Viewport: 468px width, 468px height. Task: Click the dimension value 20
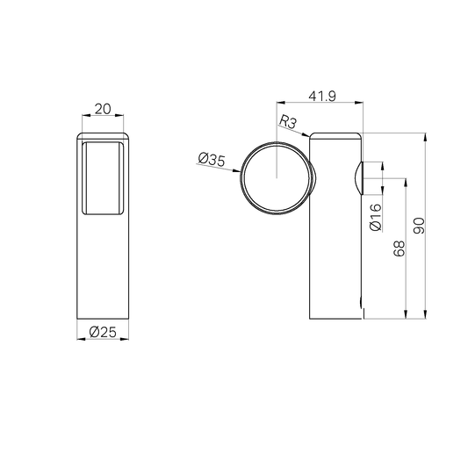pos(102,109)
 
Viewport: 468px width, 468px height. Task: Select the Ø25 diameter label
pos(102,331)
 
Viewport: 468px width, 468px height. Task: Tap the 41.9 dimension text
pos(321,95)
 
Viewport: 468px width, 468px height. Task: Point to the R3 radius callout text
pos(287,123)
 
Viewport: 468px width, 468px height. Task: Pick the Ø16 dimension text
pos(376,216)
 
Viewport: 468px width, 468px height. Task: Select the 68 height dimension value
pos(400,249)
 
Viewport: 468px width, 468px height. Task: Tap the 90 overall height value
pos(420,226)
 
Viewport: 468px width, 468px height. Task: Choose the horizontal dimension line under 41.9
pos(321,103)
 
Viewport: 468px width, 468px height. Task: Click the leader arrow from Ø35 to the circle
pos(234,170)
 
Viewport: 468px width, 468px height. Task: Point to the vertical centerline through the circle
pos(277,140)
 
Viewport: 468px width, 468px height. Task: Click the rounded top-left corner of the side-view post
pos(313,135)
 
